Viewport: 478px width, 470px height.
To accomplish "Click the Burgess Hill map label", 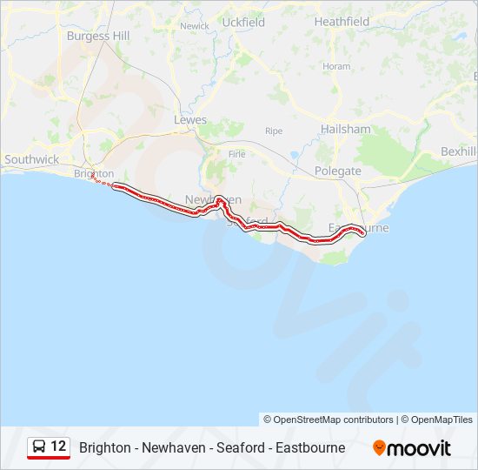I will [100, 36].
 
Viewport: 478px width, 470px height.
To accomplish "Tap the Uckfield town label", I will [243, 22].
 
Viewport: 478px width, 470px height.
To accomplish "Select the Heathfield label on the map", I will [342, 21].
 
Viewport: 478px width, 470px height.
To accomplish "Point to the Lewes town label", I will [190, 119].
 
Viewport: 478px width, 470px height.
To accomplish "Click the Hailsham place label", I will [344, 129].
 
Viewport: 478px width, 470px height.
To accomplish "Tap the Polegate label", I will [337, 171].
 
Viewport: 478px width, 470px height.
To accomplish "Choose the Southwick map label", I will [32, 159].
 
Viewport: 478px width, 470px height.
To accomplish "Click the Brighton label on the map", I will [94, 173].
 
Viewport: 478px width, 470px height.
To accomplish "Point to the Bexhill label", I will [458, 151].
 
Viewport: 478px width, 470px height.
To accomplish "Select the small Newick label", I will [195, 26].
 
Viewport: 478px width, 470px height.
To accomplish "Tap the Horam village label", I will [336, 66].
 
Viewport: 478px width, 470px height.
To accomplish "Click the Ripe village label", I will [274, 131].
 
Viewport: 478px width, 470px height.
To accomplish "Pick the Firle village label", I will [236, 154].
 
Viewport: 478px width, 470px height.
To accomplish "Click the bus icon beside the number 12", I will [40, 446].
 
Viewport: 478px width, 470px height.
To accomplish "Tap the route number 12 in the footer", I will [58, 446].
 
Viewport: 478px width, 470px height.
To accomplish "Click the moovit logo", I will [412, 447].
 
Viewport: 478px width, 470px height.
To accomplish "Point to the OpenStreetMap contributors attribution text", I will [328, 420].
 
